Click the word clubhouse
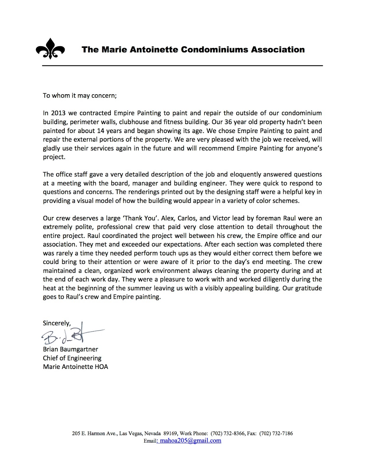click(134, 122)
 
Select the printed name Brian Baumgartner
click(70, 349)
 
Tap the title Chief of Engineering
click(72, 358)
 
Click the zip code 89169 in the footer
click(170, 434)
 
